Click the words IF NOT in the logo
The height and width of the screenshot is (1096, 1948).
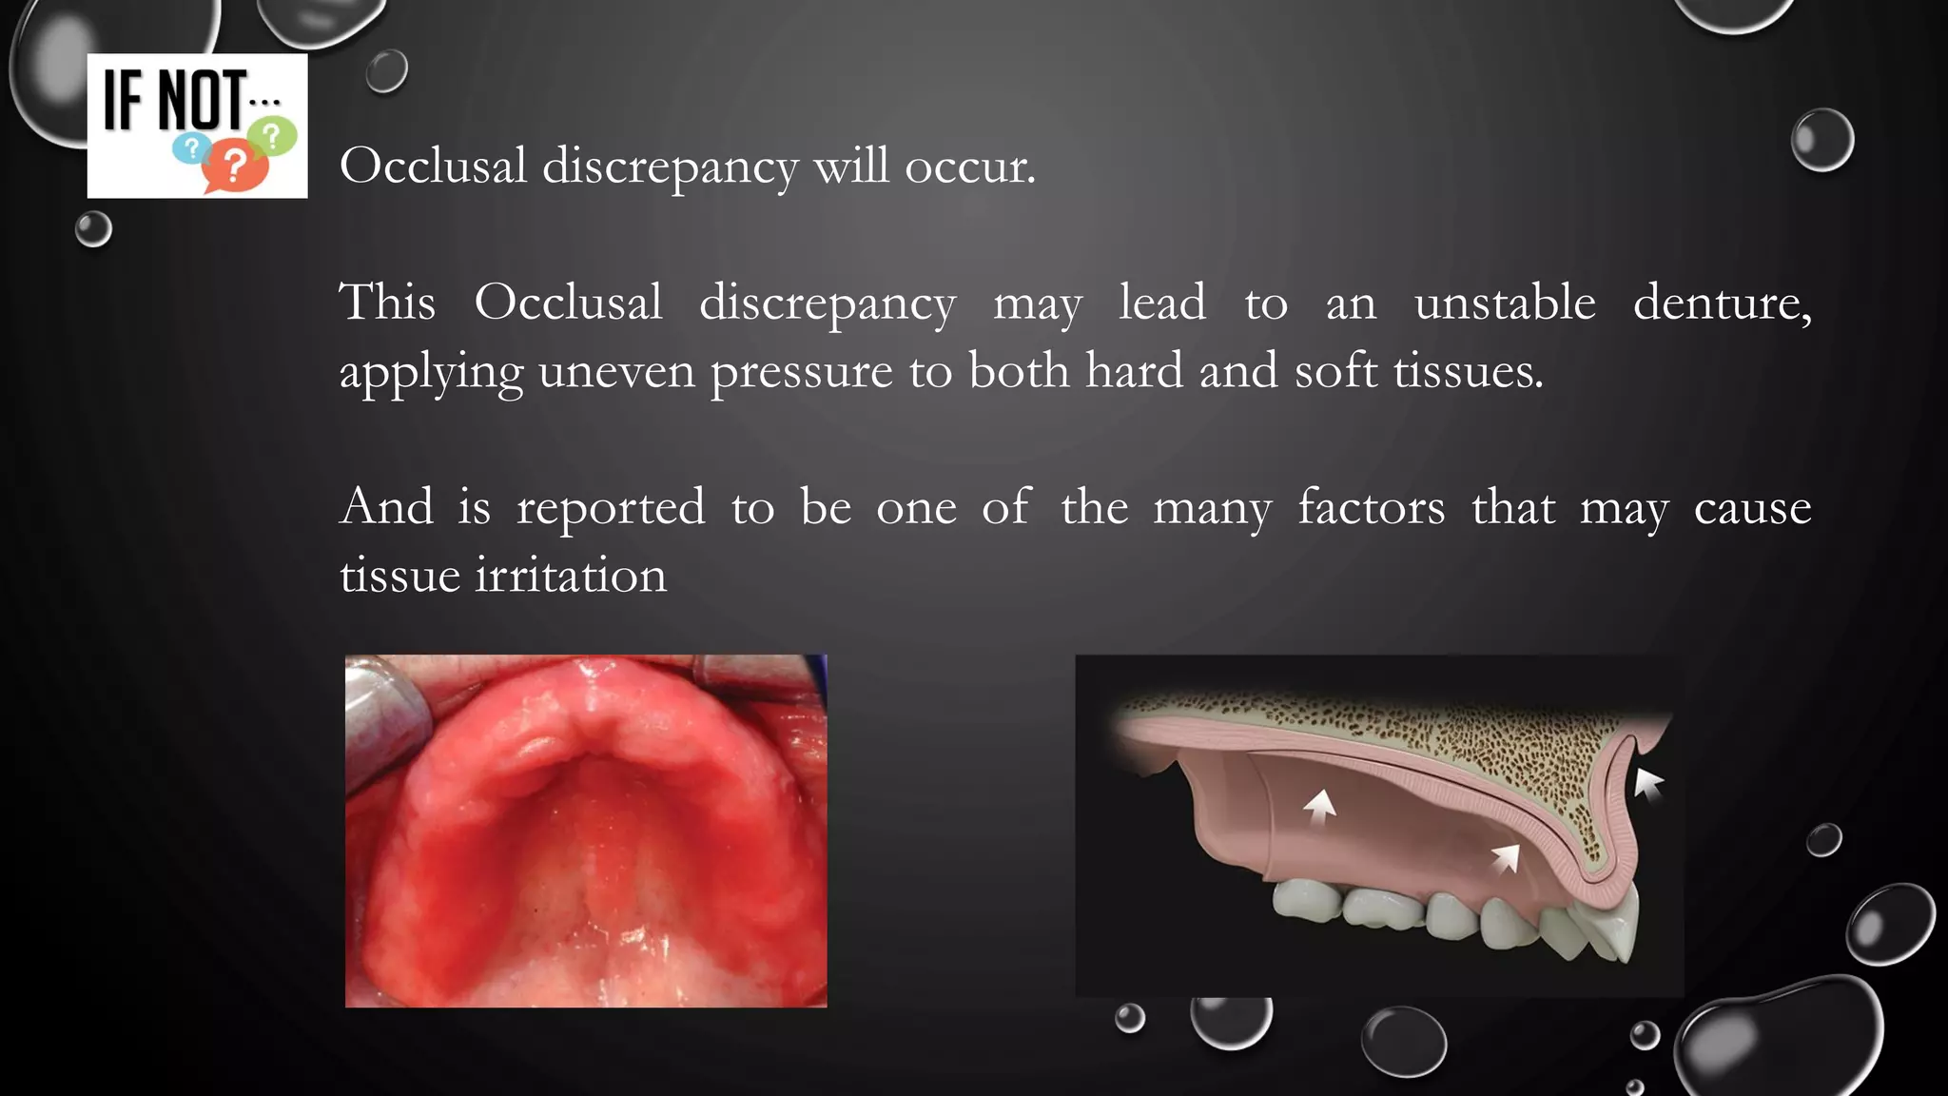(x=175, y=99)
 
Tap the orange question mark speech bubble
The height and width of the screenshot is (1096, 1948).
(x=233, y=166)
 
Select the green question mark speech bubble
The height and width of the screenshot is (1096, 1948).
(x=274, y=136)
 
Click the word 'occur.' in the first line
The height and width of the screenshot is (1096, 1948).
(x=969, y=167)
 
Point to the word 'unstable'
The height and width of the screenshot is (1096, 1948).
(x=1504, y=303)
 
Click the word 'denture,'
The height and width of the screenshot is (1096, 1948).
(x=1722, y=303)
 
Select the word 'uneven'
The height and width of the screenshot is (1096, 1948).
(x=616, y=371)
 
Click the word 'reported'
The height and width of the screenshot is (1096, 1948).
(x=611, y=508)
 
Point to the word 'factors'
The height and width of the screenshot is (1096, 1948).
(x=1371, y=506)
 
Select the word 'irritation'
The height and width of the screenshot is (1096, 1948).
(x=571, y=576)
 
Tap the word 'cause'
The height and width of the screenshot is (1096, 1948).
(x=1752, y=508)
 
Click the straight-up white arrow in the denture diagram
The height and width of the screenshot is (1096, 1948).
(x=1319, y=808)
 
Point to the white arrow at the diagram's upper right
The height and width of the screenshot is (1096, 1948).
(x=1647, y=784)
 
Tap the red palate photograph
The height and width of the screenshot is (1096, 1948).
(x=586, y=831)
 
